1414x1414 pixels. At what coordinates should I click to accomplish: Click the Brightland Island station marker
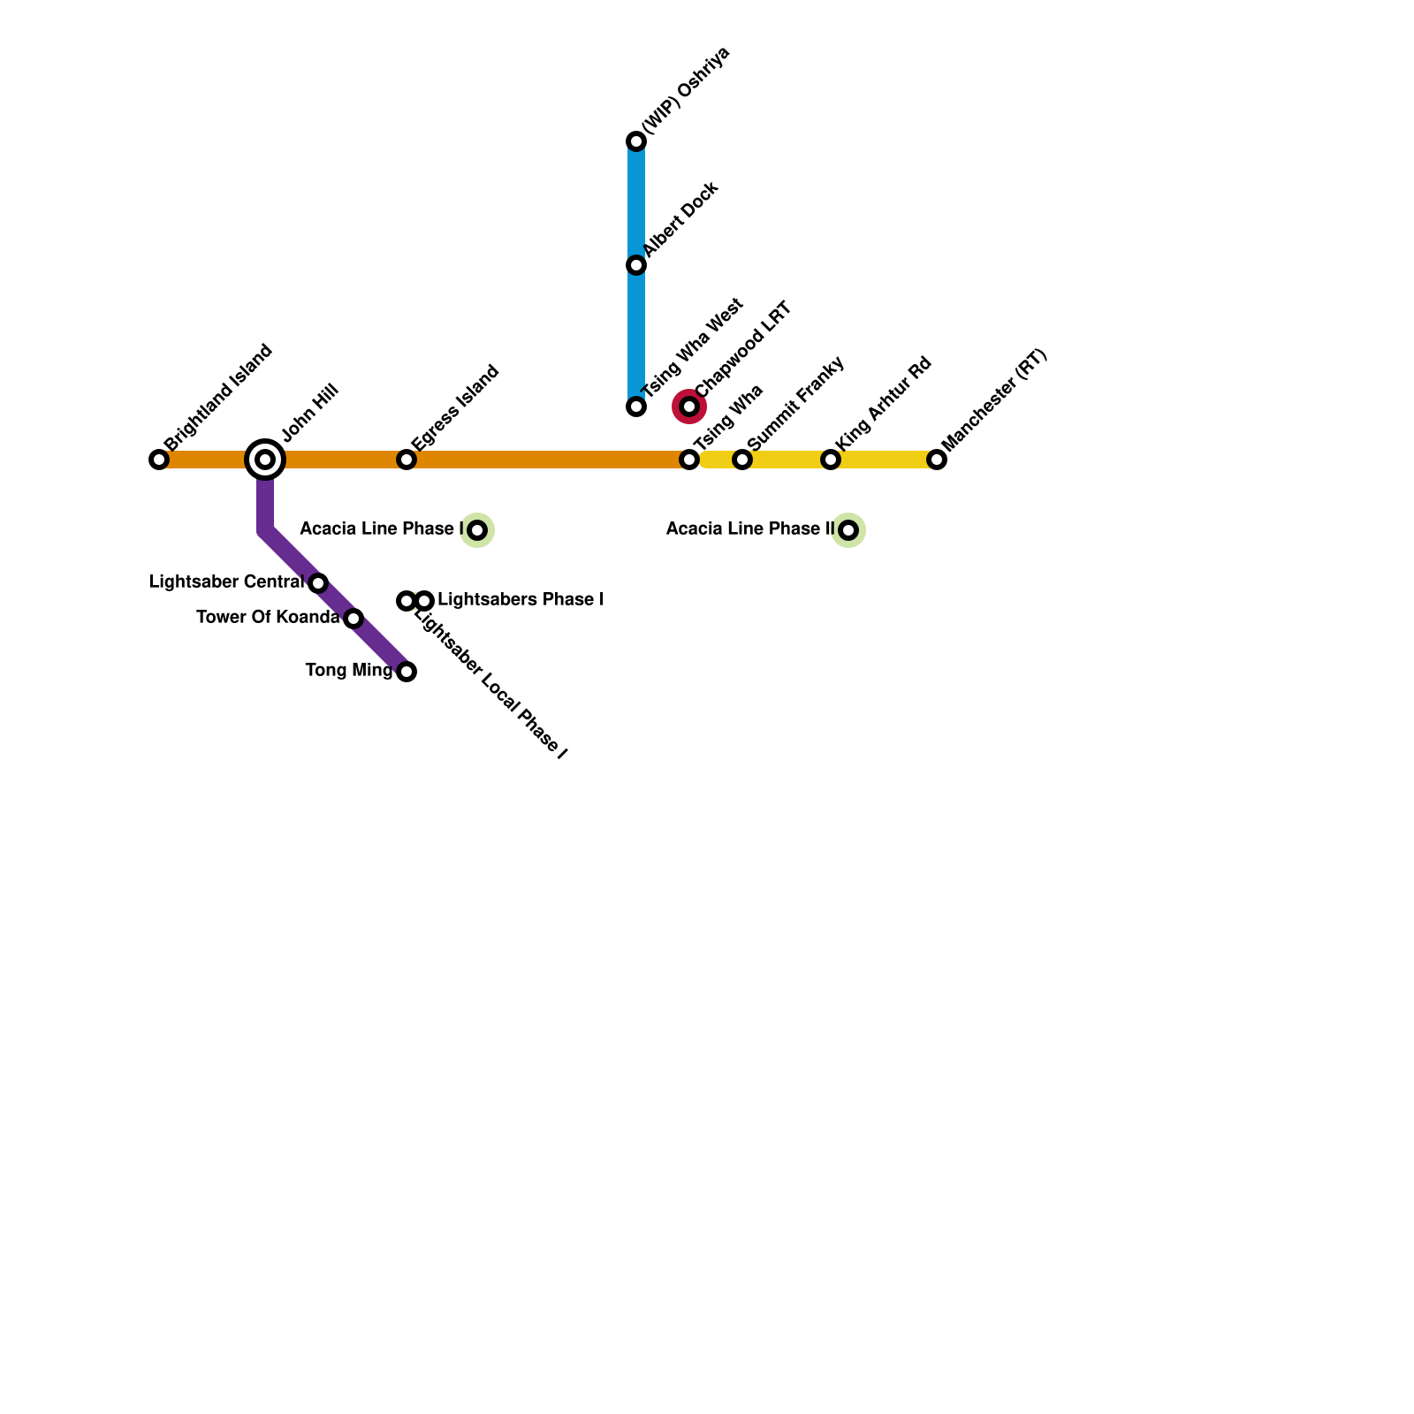(159, 460)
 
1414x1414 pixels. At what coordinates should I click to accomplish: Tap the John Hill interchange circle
(265, 460)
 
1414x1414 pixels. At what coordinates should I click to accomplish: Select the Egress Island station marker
(407, 460)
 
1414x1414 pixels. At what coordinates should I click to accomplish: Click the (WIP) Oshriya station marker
(636, 141)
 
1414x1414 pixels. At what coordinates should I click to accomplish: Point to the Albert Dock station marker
(636, 265)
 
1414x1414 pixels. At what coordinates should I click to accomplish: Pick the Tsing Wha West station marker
(636, 407)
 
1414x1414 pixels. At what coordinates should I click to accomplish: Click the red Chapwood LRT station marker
(689, 407)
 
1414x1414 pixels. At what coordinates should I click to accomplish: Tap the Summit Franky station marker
(742, 460)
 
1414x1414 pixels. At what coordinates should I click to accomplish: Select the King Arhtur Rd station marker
(831, 460)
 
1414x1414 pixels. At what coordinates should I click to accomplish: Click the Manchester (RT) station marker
(937, 460)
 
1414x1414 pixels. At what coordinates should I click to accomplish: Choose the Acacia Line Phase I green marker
(477, 530)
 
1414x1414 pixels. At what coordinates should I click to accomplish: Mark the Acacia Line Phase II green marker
(848, 530)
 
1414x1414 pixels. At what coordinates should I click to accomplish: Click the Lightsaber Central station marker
(318, 583)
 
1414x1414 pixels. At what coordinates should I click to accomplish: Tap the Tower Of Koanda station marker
(353, 619)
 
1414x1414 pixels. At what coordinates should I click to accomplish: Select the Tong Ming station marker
(407, 672)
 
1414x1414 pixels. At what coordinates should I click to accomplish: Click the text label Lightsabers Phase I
(521, 600)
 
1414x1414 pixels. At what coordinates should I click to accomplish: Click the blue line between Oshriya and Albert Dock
(636, 203)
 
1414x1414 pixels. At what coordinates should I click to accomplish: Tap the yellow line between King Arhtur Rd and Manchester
(884, 460)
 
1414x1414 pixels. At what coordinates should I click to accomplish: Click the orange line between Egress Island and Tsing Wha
(548, 460)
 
